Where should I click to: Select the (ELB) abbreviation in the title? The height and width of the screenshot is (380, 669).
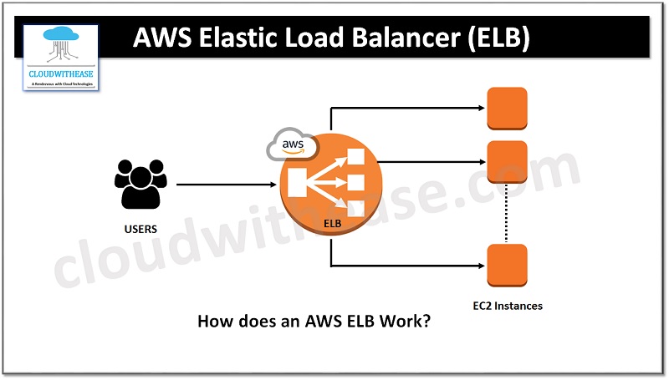pyautogui.click(x=499, y=39)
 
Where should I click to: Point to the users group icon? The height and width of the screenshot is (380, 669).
pyautogui.click(x=140, y=184)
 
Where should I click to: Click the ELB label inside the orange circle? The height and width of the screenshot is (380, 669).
pyautogui.click(x=332, y=224)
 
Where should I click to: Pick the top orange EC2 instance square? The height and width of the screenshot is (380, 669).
pyautogui.click(x=507, y=107)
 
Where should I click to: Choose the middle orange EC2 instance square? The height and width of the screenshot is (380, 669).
pyautogui.click(x=507, y=161)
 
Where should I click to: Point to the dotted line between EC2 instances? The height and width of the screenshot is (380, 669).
pyautogui.click(x=507, y=213)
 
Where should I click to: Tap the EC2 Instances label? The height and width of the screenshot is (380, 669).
pyautogui.click(x=507, y=306)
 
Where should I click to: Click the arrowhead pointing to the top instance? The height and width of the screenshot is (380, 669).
pyautogui.click(x=481, y=108)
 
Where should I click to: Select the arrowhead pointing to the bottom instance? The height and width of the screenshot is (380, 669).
pyautogui.click(x=481, y=267)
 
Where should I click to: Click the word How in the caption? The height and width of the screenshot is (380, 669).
pyautogui.click(x=211, y=321)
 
